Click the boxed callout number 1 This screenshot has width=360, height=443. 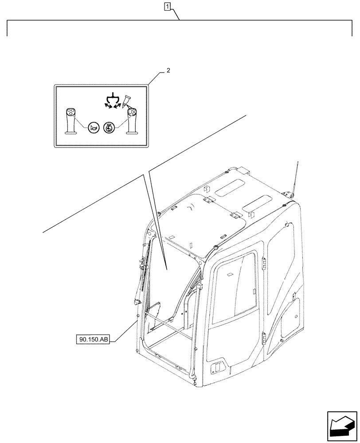click(x=167, y=6)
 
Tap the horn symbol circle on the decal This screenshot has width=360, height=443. click(x=94, y=128)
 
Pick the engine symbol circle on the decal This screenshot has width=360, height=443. click(x=109, y=128)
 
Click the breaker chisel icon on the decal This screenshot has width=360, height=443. click(x=128, y=100)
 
